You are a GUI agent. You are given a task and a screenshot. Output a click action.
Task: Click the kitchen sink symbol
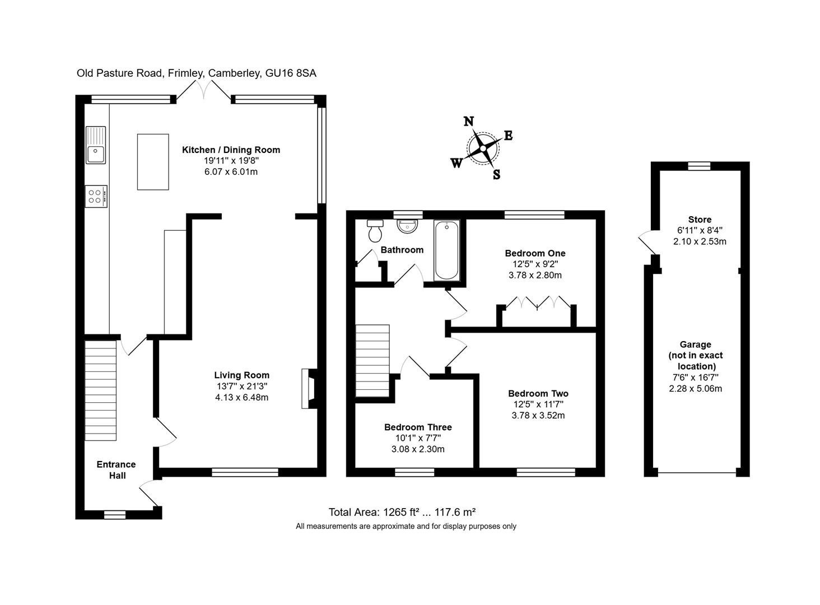[x=96, y=145]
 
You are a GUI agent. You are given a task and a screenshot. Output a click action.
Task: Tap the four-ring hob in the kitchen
[x=96, y=196]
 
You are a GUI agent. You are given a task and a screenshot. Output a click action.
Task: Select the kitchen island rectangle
[x=153, y=162]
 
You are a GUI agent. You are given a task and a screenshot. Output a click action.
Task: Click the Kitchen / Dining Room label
[x=231, y=150]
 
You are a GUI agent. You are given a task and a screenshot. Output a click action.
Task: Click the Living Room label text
[x=241, y=375]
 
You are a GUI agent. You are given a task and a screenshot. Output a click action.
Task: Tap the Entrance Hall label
[x=116, y=470]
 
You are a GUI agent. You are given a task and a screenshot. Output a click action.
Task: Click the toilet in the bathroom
[x=375, y=230]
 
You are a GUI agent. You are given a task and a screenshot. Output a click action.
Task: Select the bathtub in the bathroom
[x=447, y=250]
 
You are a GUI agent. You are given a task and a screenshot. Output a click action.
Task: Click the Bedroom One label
[x=535, y=253]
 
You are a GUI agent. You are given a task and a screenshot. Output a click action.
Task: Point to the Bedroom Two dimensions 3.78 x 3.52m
[x=538, y=416]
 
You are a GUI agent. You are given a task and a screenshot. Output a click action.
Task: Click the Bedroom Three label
[x=418, y=427]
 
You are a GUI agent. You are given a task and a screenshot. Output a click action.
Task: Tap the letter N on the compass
[x=469, y=122]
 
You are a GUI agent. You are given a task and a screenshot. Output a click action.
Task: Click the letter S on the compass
[x=496, y=175]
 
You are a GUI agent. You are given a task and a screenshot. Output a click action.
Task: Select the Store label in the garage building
[x=700, y=220]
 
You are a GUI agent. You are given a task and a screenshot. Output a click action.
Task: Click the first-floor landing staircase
[x=372, y=361]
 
